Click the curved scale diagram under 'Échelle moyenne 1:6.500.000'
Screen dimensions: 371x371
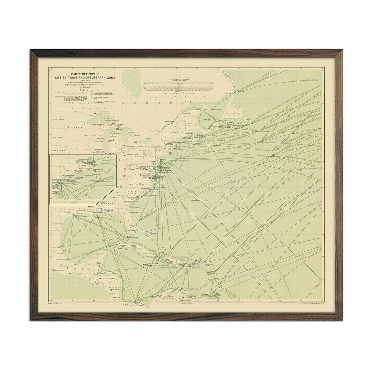pos(178,86)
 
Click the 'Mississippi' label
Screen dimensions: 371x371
pos(94,206)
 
